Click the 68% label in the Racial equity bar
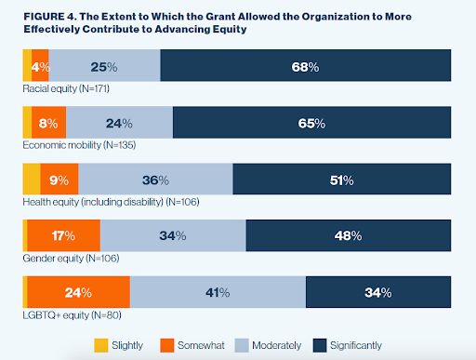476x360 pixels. pyautogui.click(x=305, y=67)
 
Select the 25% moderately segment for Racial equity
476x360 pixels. pyautogui.click(x=104, y=65)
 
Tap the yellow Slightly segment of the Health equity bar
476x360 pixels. pyautogui.click(x=32, y=179)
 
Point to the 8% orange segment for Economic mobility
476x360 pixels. pyautogui.click(x=48, y=123)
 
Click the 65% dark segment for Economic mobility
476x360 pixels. pyautogui.click(x=311, y=123)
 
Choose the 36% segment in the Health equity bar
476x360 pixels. pyautogui.click(x=155, y=179)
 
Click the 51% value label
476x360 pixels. pyautogui.click(x=341, y=180)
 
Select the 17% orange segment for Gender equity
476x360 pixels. pyautogui.click(x=64, y=235)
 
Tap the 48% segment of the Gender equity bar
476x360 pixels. pyautogui.click(x=349, y=235)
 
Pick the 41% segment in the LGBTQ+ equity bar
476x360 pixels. pyautogui.click(x=218, y=292)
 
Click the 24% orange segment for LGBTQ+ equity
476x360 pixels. pyautogui.click(x=79, y=292)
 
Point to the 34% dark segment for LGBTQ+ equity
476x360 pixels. pyautogui.click(x=378, y=292)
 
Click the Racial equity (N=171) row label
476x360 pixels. pyautogui.click(x=66, y=88)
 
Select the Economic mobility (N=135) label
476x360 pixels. pyautogui.click(x=79, y=145)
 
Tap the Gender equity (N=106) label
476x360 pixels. pyautogui.click(x=71, y=259)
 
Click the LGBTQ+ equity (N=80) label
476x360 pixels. pyautogui.click(x=72, y=315)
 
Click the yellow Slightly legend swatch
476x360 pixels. pyautogui.click(x=101, y=345)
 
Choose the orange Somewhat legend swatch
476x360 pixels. pyautogui.click(x=167, y=345)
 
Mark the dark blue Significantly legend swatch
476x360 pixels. pyautogui.click(x=320, y=345)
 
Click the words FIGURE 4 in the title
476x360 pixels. pyautogui.click(x=50, y=17)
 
